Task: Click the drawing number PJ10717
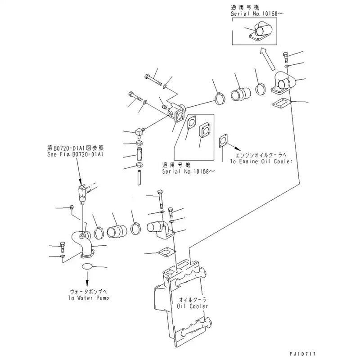(x=335, y=355)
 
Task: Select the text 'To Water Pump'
(x=89, y=297)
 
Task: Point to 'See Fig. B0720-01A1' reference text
(x=76, y=154)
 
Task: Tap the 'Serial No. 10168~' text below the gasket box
(x=189, y=171)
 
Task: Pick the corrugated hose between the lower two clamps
(x=118, y=231)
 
